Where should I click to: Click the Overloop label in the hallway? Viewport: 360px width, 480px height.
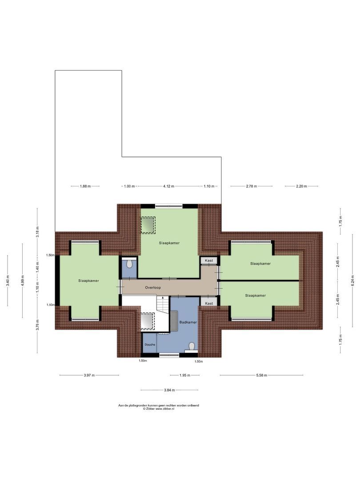153,288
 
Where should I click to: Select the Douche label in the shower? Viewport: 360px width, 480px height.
149,344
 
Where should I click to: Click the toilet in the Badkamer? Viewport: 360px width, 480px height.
192,346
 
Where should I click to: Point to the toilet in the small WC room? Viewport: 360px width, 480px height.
129,264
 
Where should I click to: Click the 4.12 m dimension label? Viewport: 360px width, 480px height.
168,186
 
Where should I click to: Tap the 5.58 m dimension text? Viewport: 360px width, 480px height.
262,375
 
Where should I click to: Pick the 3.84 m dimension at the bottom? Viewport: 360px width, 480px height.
169,390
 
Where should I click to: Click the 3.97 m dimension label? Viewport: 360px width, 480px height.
89,375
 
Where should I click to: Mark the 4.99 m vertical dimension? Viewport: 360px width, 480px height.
23,280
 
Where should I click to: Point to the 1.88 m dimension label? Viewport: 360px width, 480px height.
85,186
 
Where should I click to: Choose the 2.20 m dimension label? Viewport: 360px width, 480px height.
301,186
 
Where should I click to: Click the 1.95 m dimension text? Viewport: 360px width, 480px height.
184,375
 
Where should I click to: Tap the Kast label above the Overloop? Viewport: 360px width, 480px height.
208,260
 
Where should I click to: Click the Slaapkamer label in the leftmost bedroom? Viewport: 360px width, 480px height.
88,280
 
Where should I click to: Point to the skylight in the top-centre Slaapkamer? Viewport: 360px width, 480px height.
148,225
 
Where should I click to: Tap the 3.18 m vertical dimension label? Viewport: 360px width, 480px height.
38,232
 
